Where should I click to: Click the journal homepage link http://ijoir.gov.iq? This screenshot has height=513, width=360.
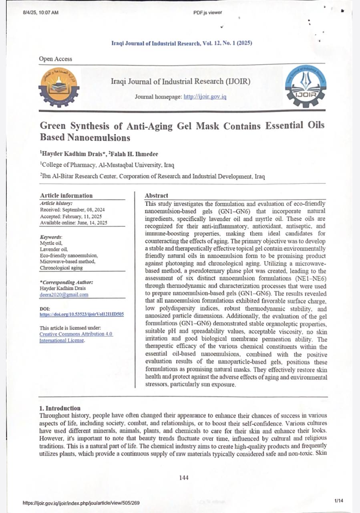[205, 97]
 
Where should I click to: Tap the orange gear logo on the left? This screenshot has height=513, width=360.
[59, 87]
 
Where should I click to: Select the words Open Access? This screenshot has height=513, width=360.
[56, 59]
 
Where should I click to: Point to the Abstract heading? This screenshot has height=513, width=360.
[157, 196]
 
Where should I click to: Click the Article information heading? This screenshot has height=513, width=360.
[66, 196]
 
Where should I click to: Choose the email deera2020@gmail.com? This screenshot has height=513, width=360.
[64, 295]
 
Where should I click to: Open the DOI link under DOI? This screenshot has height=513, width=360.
[81, 315]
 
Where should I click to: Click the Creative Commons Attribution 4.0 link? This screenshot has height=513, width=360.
[76, 334]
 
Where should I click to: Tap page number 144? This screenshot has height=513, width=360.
[184, 477]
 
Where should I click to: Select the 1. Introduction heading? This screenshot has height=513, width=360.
[60, 408]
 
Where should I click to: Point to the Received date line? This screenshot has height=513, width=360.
[72, 210]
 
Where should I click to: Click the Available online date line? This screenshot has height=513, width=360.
[73, 222]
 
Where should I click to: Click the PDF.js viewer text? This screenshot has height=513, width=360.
[207, 12]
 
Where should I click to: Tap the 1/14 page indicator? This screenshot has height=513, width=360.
[338, 501]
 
